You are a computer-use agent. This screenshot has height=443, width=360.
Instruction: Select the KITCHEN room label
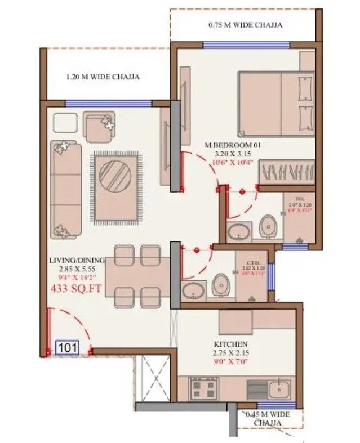click(x=231, y=343)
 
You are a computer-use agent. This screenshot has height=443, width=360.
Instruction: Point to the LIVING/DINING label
click(x=77, y=260)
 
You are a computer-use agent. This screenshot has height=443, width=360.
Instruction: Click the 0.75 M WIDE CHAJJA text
click(x=245, y=25)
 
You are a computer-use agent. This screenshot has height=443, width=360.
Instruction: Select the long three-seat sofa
click(x=66, y=189)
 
